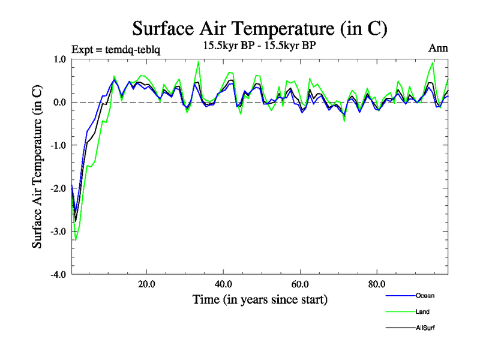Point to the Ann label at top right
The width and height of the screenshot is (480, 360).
[438, 48]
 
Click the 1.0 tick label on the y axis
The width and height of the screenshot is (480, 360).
[59, 59]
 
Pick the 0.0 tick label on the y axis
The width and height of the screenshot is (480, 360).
[59, 102]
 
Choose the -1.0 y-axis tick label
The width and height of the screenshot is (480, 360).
[58, 145]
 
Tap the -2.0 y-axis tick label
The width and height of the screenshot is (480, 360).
[58, 188]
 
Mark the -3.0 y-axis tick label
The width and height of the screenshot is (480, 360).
[58, 232]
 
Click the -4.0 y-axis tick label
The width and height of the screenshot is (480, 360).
[58, 275]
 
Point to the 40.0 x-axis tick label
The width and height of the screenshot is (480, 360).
[223, 284]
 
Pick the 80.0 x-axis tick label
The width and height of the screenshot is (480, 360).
[377, 284]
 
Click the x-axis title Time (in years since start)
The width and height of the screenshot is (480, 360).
[260, 299]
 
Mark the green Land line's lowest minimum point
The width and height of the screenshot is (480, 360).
[76, 240]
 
